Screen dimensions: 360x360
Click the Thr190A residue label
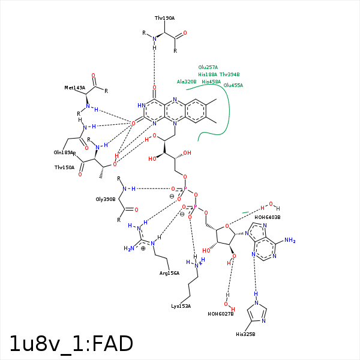164,18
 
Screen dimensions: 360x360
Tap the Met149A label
75,88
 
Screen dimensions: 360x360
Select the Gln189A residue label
64,152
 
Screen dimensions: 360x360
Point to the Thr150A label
64,167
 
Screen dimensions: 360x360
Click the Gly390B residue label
105,199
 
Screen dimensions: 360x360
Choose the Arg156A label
169,273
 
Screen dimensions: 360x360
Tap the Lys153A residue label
181,306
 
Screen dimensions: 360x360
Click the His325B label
245,334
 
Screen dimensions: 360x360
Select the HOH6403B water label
268,217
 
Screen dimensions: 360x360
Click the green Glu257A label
208,67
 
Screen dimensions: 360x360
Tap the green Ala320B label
187,82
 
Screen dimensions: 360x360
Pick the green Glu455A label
233,86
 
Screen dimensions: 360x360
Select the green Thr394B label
230,74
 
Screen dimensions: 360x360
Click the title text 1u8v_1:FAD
71,343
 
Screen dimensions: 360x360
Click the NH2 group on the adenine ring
290,241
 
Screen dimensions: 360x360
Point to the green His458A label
211,82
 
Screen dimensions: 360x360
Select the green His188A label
208,74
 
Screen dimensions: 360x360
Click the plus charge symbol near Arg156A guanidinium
143,248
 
